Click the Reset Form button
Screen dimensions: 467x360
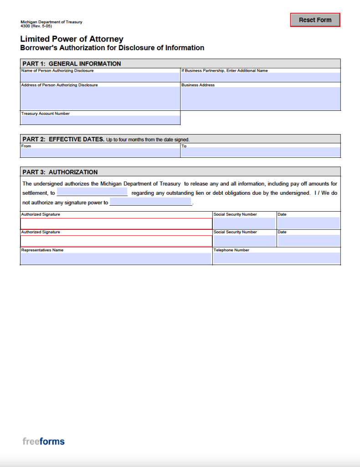315,20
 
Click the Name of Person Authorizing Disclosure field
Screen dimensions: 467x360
100,78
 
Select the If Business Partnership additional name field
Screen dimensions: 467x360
260,78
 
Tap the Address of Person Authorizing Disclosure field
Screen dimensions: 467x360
100,98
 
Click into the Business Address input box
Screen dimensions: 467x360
260,99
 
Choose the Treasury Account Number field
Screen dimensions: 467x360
100,120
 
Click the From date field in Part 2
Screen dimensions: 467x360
100,152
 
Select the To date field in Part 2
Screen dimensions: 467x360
260,152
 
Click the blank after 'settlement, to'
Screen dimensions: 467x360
92,193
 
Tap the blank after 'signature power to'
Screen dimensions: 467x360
150,202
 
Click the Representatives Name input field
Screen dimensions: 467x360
116,259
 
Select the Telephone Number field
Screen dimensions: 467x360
277,259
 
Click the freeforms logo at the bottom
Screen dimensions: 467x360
44,441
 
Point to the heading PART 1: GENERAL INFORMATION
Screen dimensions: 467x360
72,64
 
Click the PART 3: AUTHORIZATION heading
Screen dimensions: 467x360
60,172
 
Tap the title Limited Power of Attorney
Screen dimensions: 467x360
72,39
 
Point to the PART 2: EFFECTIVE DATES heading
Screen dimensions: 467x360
63,139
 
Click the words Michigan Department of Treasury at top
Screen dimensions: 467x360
51,22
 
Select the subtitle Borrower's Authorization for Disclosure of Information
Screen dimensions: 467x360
112,48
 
